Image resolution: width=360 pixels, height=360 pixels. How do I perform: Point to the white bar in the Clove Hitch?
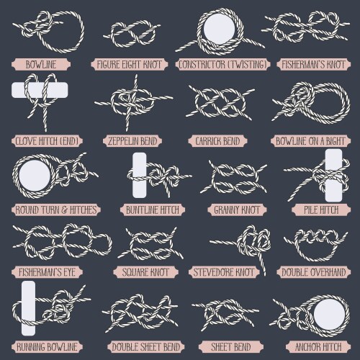click(40, 90)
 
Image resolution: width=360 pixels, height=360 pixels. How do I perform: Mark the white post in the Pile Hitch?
click(333, 176)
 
